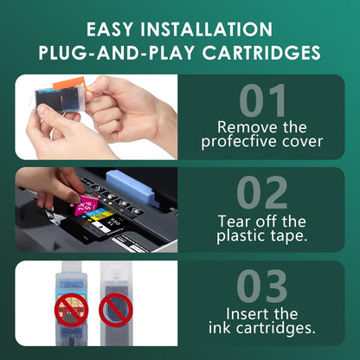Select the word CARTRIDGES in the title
268,54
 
